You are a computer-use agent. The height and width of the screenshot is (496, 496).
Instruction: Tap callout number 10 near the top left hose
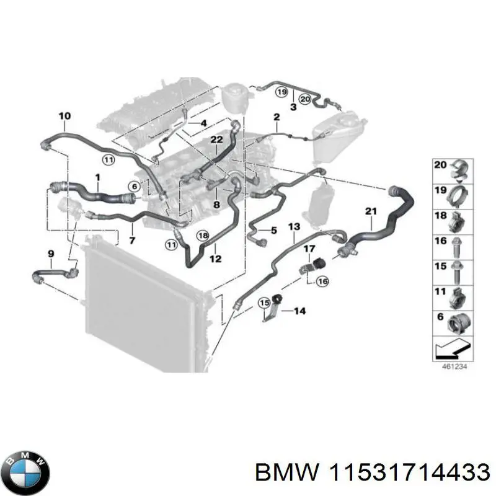coord(64,116)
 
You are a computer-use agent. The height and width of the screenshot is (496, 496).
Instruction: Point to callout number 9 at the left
coord(51,253)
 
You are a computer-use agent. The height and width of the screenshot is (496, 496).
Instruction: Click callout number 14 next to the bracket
coord(299,311)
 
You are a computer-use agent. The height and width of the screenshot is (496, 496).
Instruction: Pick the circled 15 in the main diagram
coord(264,303)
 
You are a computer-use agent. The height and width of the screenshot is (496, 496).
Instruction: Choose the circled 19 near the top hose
coord(281,92)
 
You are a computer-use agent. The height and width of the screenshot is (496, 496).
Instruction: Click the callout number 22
coord(216,140)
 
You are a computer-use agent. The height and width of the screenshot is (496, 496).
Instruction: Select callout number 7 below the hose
coord(131,239)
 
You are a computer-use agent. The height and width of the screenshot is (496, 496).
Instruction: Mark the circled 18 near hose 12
coord(203,235)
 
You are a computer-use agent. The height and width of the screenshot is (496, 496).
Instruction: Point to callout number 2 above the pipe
coord(277,117)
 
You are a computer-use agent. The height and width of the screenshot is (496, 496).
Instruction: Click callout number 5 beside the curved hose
coord(273,231)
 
